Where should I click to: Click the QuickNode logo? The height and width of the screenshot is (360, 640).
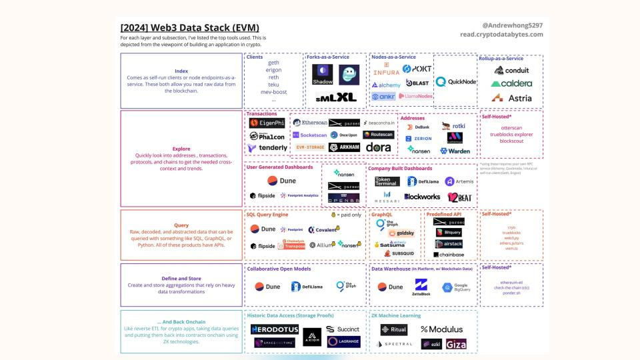456,82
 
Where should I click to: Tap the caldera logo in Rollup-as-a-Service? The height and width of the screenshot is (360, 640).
512,83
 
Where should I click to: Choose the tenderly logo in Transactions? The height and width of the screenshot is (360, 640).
267,147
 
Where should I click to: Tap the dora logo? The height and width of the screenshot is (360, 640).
379,147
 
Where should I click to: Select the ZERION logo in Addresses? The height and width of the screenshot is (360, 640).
419,138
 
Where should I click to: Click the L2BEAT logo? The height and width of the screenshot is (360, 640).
459,197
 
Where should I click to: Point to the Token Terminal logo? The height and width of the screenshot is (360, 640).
387,181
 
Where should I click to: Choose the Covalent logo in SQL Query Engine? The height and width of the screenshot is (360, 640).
323,229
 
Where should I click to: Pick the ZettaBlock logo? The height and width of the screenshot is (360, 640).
421,287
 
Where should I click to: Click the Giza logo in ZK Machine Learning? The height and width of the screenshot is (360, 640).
456,344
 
